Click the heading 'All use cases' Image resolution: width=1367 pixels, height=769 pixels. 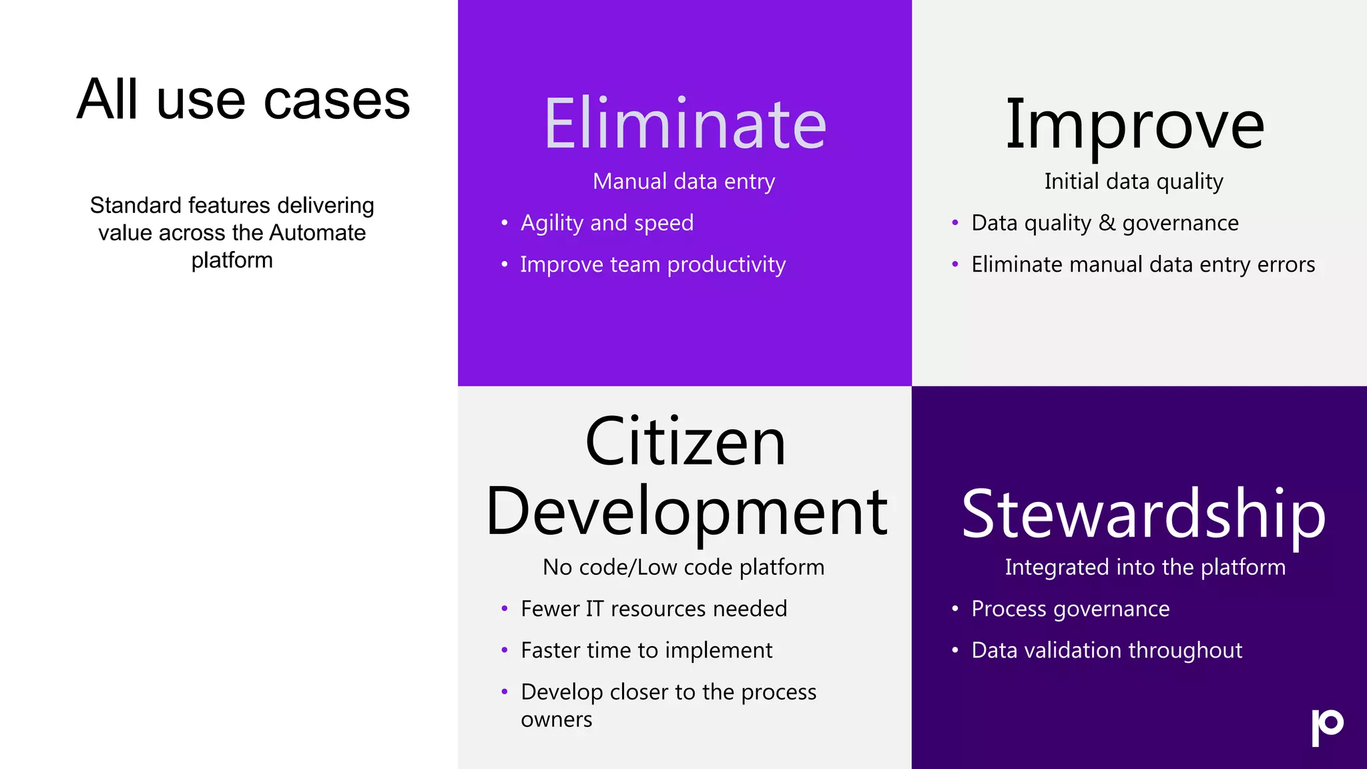click(243, 100)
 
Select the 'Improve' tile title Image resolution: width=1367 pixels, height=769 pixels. click(1135, 125)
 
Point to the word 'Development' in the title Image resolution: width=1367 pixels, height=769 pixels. click(686, 513)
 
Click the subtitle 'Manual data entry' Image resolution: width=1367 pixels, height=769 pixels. click(683, 182)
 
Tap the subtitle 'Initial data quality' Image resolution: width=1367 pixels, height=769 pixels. click(1133, 182)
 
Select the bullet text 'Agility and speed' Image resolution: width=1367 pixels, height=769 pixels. click(607, 223)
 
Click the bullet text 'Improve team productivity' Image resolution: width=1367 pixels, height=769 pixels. click(653, 265)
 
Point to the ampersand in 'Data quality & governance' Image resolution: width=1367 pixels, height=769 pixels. click(1107, 223)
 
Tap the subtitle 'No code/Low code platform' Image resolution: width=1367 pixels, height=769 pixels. click(683, 567)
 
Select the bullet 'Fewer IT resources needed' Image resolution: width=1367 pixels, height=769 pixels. click(653, 609)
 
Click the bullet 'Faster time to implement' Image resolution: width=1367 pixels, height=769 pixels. click(646, 650)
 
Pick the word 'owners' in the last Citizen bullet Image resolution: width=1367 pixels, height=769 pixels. click(556, 720)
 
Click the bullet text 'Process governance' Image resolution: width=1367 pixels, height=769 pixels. click(1070, 609)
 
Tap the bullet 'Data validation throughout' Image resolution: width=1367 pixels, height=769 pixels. click(1106, 650)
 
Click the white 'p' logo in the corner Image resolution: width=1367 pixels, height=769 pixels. click(1327, 726)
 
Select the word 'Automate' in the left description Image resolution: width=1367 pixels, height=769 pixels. click(317, 233)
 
